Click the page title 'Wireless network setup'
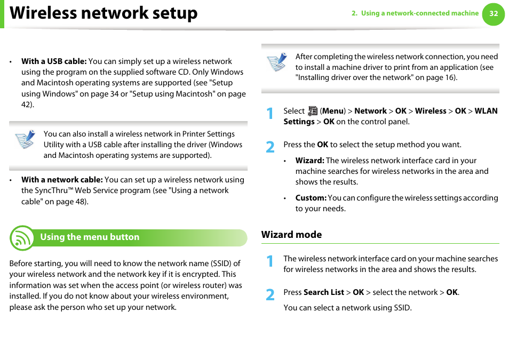(104, 13)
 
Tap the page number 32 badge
(494, 14)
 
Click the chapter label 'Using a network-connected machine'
(419, 13)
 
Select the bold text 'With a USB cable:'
(54, 61)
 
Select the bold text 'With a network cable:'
(62, 180)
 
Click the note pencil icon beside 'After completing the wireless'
(276, 62)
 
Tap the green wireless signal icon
(21, 238)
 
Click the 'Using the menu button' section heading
(90, 237)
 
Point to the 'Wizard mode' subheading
(291, 235)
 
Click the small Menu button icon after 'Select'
(313, 111)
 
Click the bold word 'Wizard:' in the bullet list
(309, 161)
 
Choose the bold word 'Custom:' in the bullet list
(311, 198)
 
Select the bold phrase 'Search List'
(323, 292)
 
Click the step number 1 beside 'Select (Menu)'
(271, 113)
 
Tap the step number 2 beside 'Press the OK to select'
(271, 147)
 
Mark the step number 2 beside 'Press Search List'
(271, 294)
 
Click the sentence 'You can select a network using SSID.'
(347, 308)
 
